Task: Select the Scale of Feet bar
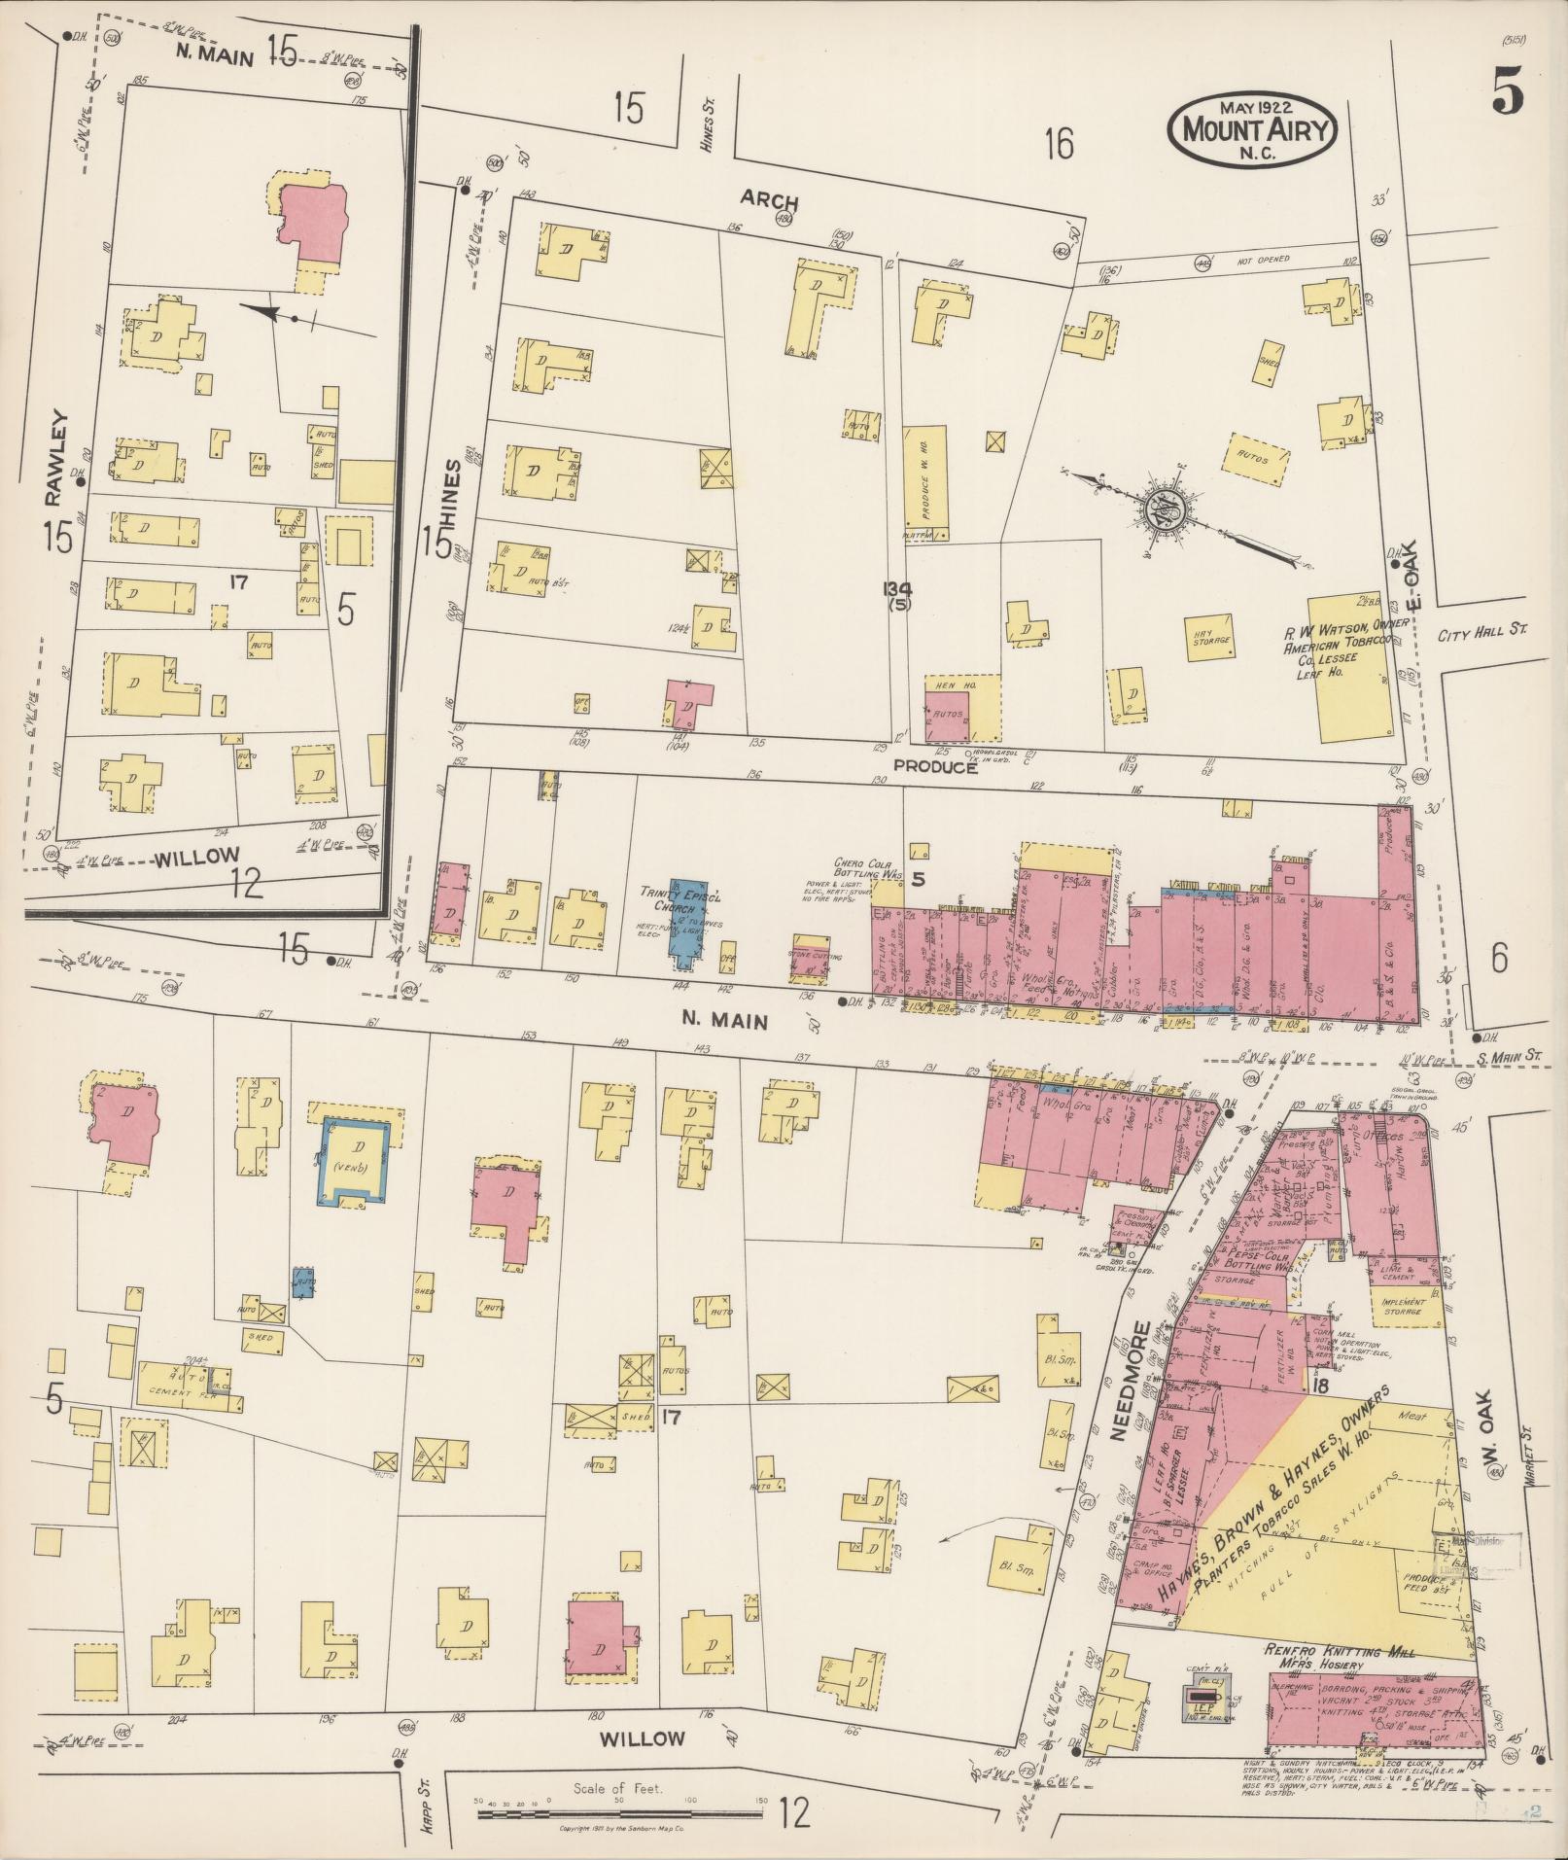pyautogui.click(x=622, y=1802)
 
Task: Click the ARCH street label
pyautogui.click(x=769, y=202)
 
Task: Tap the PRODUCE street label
pyautogui.click(x=935, y=767)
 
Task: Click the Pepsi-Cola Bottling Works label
pyautogui.click(x=1247, y=1260)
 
